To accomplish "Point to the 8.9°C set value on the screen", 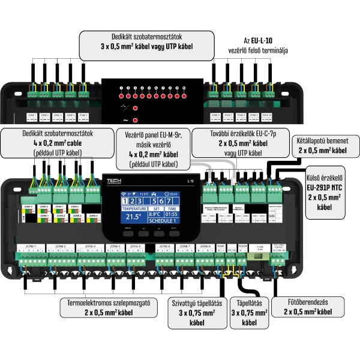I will [x=154, y=213].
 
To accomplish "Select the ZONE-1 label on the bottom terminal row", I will [x=27, y=247].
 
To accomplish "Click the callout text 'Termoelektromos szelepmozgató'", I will [x=108, y=303].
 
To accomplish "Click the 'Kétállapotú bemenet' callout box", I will [x=322, y=144].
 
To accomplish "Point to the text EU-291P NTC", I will [x=324, y=186].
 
